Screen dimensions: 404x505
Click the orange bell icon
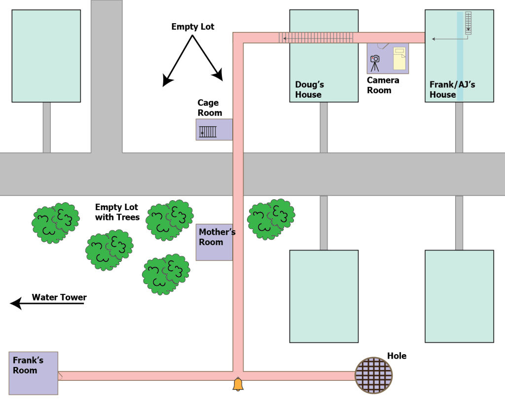[238, 384]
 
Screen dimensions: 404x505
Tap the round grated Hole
[374, 375]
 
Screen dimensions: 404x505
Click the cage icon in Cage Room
[208, 132]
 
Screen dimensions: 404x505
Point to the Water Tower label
[59, 297]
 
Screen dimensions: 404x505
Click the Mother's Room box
[215, 242]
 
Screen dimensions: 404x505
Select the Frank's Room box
[34, 373]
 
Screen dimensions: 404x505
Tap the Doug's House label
[309, 90]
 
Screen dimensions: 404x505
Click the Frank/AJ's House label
[452, 90]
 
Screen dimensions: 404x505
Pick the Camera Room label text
[383, 85]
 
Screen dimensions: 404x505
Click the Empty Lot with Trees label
[117, 212]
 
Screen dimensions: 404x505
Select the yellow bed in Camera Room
[399, 59]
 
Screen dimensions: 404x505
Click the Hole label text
[397, 356]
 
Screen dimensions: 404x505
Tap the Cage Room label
[210, 108]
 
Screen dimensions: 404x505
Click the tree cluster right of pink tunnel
[271, 219]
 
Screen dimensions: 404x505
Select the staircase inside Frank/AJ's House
[468, 23]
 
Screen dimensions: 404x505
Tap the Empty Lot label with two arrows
[193, 27]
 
